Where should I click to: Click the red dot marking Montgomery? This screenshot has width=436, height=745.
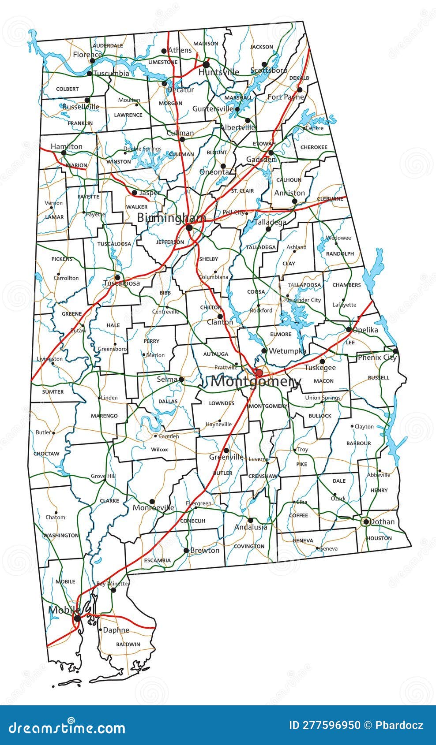pos(259,373)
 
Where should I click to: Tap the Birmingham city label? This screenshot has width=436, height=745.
pos(171,218)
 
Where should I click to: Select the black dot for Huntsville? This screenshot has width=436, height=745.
pos(206,65)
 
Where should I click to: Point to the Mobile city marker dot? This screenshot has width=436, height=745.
pos(77,618)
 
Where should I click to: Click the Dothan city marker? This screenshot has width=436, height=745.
pos(365,522)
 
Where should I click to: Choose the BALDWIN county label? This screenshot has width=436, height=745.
pos(128,644)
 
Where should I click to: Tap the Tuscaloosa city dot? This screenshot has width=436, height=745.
pos(117,277)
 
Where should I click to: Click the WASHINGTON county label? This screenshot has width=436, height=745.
pos(61,535)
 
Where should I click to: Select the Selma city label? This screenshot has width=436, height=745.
pos(167,379)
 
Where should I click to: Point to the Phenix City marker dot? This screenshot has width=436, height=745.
pos(395,351)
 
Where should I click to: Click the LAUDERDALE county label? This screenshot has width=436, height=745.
pos(108,45)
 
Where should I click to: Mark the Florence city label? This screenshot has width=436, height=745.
pos(87,55)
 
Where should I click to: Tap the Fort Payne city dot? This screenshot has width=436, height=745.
pos(300,90)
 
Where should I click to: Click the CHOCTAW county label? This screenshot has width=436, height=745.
pos(46,453)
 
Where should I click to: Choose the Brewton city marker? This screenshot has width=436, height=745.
pos(186,550)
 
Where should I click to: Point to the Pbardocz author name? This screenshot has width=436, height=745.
pos(400,725)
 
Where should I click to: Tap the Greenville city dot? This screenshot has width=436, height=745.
pos(226,451)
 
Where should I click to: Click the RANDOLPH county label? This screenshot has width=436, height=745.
pos(340,253)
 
